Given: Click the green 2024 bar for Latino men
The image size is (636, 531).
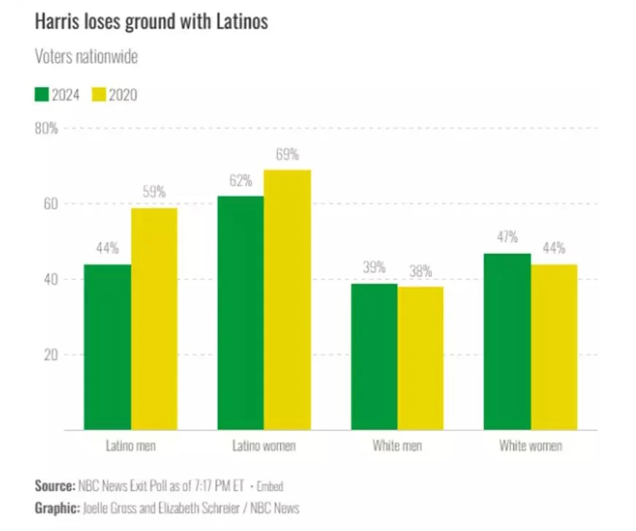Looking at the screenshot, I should (107, 346).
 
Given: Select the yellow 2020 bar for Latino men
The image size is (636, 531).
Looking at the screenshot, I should (154, 319).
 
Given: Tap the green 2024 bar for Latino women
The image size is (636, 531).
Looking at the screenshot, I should (241, 312).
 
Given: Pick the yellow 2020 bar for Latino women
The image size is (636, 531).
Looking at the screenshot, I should (287, 299).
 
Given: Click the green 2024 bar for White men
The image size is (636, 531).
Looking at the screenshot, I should (374, 356).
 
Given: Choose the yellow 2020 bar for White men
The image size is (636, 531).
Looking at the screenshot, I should (420, 357).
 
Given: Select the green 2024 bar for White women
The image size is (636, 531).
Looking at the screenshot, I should (508, 341).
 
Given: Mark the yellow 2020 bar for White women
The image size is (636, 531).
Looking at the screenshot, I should (554, 346).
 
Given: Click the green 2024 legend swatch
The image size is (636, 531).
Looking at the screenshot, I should (42, 94).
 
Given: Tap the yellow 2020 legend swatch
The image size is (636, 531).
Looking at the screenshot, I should (98, 94).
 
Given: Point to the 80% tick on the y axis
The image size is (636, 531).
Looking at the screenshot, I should (47, 128).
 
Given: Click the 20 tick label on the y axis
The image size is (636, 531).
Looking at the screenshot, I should (49, 355).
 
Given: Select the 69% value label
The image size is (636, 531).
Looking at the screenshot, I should (287, 155).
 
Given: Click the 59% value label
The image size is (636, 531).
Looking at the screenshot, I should (154, 193).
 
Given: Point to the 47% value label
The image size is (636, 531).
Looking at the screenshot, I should (508, 238).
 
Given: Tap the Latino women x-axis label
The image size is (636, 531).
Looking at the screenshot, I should (264, 446).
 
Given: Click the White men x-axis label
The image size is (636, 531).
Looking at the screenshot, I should (397, 446).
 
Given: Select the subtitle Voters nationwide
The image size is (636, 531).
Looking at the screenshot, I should (86, 57).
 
